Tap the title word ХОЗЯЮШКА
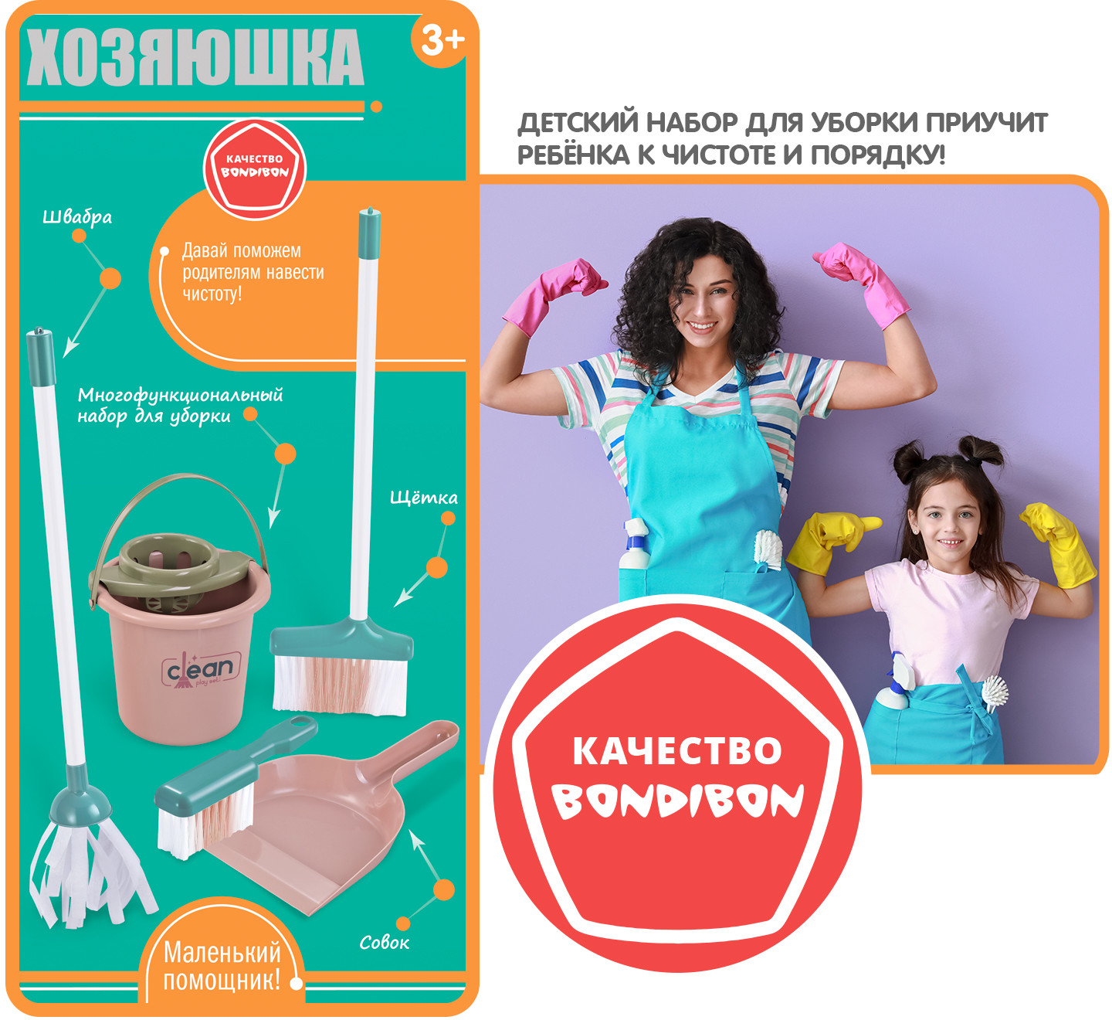coord(195,57)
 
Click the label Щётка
coord(424,497)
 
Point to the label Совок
coord(384,942)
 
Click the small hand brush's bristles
coord(202,820)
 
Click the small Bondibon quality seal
coord(254,169)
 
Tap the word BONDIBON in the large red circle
coord(677,801)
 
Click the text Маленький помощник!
coord(222,967)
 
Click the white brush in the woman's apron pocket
coord(768,550)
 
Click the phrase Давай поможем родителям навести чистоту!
coord(253,272)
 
